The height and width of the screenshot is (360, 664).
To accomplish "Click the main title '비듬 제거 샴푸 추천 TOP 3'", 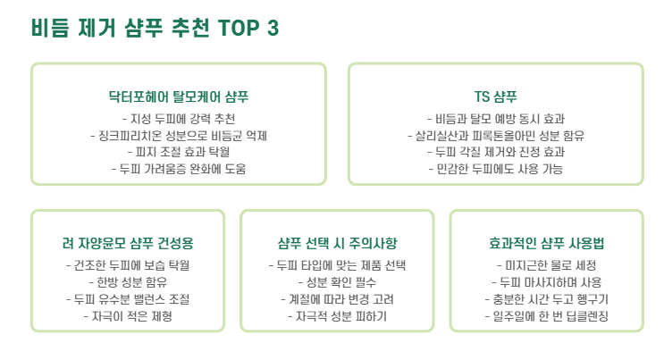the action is click(155, 28).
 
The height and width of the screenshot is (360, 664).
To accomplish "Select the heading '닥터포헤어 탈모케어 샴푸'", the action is click(178, 96).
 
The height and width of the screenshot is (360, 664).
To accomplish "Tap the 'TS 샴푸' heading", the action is click(495, 96).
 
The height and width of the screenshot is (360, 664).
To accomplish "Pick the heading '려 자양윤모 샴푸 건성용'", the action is click(128, 243).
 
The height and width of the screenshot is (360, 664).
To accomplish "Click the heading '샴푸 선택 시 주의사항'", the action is click(337, 243).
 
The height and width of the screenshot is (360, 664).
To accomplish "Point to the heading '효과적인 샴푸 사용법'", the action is click(546, 243).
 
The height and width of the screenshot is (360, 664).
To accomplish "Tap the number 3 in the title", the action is click(273, 29).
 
